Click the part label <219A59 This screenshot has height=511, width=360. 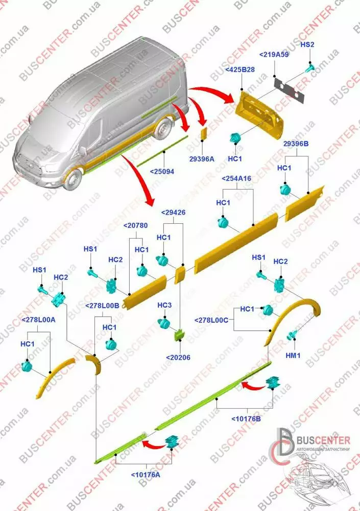275,55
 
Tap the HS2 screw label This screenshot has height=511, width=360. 307,45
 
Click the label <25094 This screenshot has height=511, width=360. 162,172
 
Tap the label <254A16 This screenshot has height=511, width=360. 236,179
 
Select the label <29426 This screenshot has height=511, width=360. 173,212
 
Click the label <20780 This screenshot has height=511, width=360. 136,225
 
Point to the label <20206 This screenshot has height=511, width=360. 178,358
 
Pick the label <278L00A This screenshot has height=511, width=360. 38,319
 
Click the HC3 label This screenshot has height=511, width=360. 164,306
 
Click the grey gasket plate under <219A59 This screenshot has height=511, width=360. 290,87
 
